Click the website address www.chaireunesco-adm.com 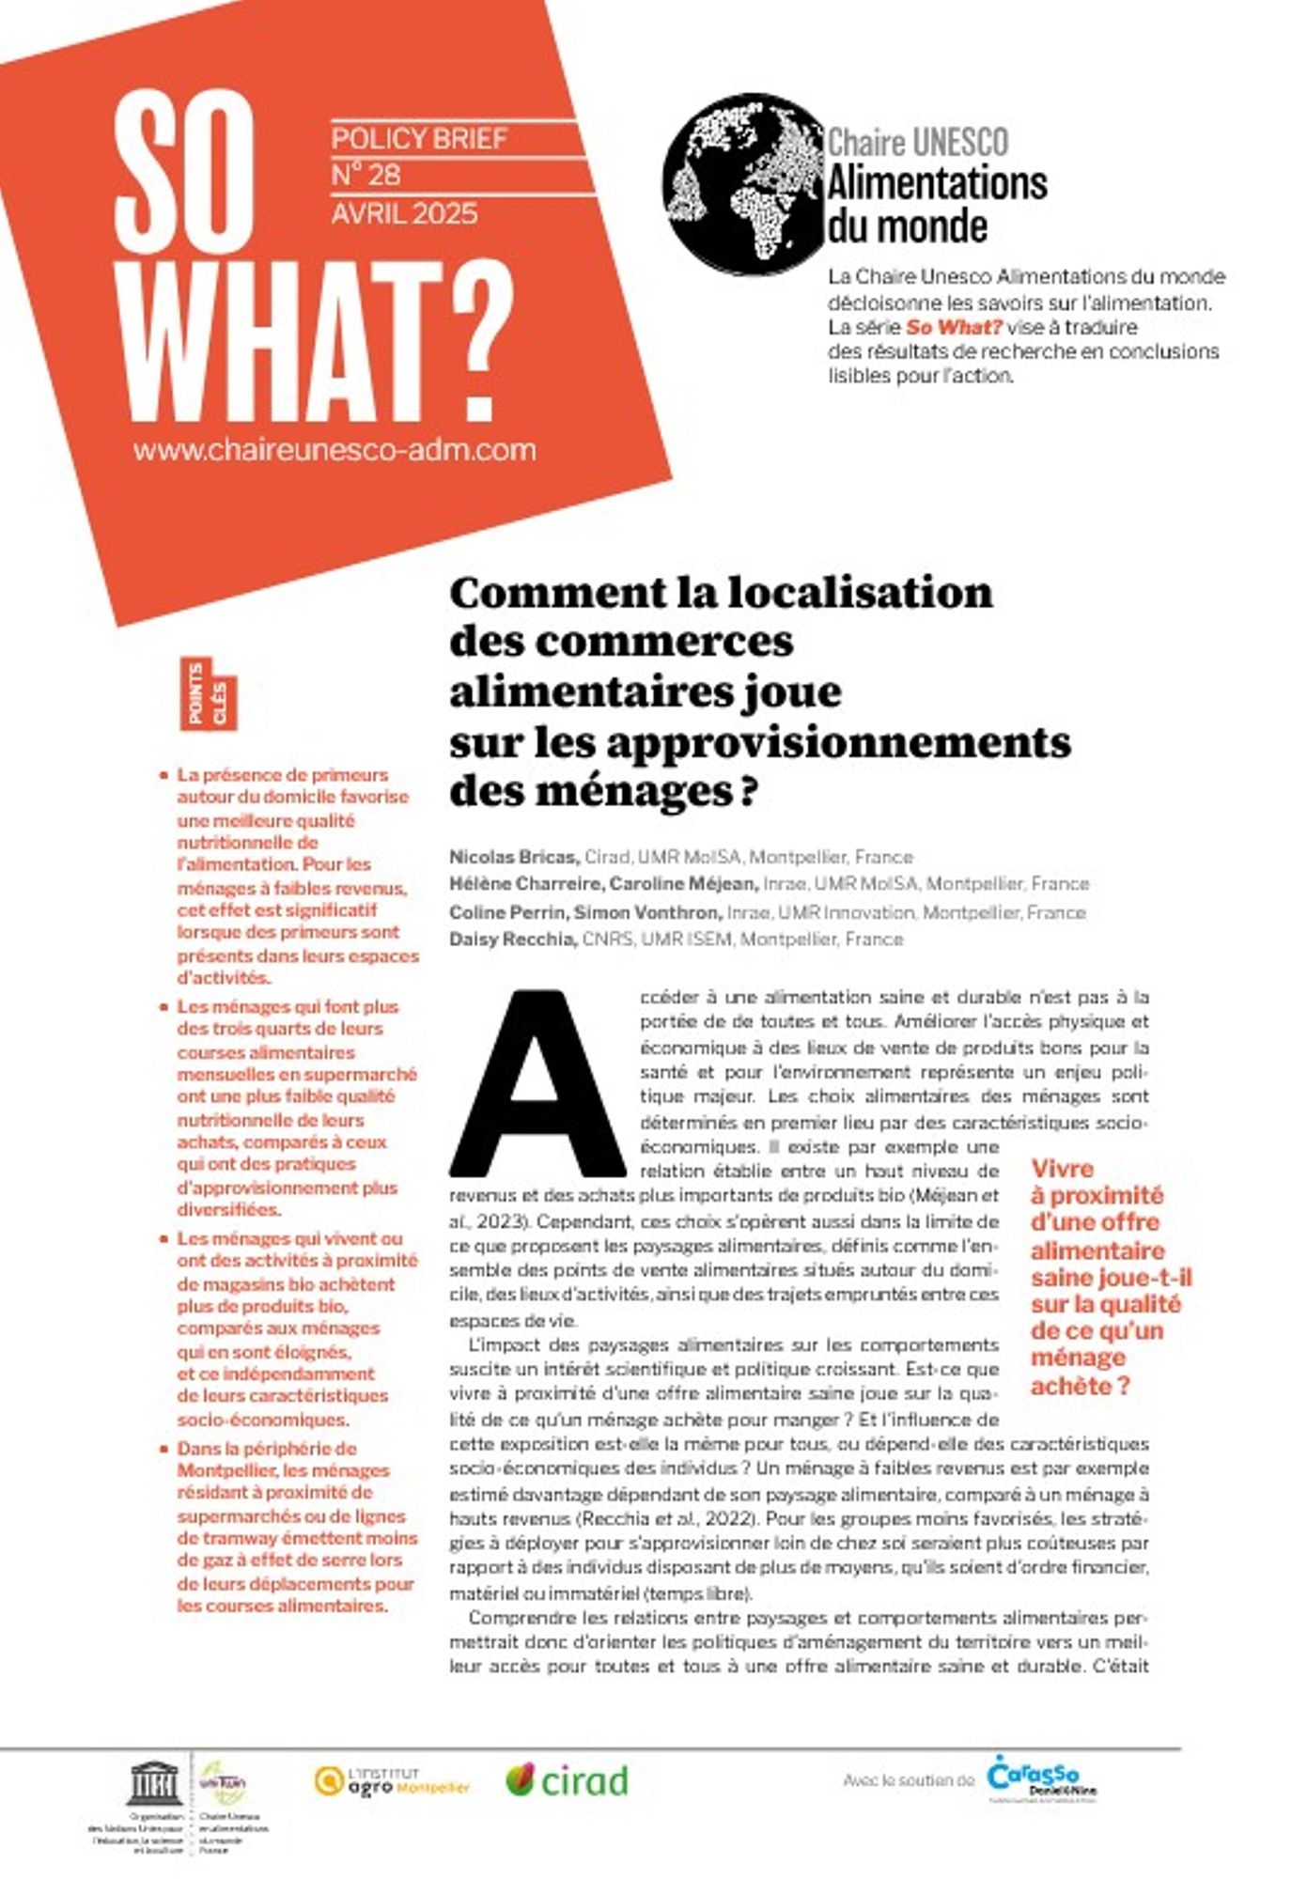pyautogui.click(x=335, y=449)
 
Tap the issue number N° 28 pyautogui.click(x=366, y=176)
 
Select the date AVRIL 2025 pyautogui.click(x=404, y=214)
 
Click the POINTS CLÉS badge pyautogui.click(x=209, y=694)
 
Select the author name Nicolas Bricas pyautogui.click(x=513, y=857)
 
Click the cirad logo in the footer pyautogui.click(x=567, y=1780)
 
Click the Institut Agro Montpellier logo pyautogui.click(x=392, y=1780)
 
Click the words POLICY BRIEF pyautogui.click(x=419, y=139)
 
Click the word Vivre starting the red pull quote pyautogui.click(x=1062, y=1169)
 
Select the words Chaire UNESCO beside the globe pyautogui.click(x=917, y=143)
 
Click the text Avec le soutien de pyautogui.click(x=909, y=1780)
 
